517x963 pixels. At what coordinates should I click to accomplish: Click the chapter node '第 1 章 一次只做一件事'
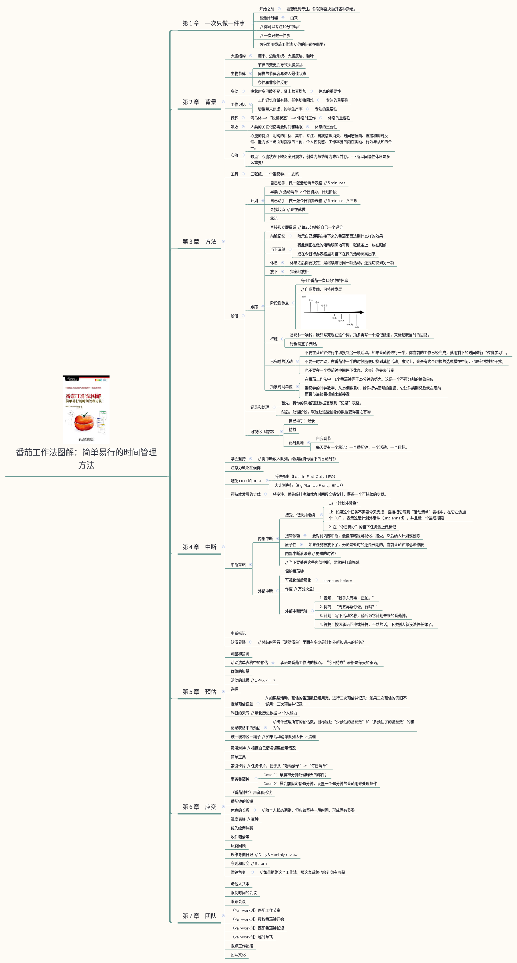coord(213,23)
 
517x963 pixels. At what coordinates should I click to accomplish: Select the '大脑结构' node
coord(238,56)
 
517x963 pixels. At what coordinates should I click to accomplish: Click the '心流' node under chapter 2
coord(234,155)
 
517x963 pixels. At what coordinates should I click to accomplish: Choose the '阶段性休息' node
coord(279,303)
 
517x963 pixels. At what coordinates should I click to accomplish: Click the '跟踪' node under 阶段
coord(254,307)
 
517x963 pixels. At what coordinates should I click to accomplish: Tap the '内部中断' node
coord(265,539)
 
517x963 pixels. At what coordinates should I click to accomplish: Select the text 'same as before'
coord(337,581)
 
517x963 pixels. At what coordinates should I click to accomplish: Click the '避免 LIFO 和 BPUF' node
coord(246,481)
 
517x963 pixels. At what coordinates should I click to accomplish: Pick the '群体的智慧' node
coord(240,671)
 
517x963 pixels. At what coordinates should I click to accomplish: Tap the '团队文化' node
coord(238,955)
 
